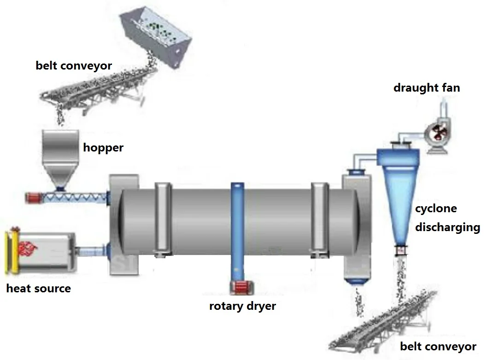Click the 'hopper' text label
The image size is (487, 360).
pyautogui.click(x=103, y=148)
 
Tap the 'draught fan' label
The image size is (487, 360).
pyautogui.click(x=426, y=87)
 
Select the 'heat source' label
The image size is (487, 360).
pyautogui.click(x=39, y=289)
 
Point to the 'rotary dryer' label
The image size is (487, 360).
pyautogui.click(x=242, y=306)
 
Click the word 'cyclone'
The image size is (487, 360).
pyautogui.click(x=436, y=209)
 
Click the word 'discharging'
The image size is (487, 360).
pyautogui.click(x=447, y=227)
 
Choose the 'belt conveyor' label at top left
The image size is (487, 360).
pyautogui.click(x=74, y=65)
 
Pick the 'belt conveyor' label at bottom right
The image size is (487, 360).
pyautogui.click(x=438, y=346)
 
